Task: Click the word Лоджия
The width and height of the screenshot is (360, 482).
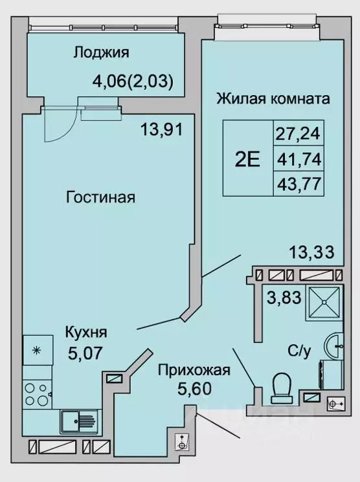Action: coord(102,53)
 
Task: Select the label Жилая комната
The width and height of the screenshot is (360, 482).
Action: coord(273,100)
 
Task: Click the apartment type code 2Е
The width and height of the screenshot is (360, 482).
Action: coord(247,159)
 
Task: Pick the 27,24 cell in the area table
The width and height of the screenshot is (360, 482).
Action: coord(298,135)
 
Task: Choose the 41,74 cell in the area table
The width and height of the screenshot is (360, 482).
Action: coord(298,159)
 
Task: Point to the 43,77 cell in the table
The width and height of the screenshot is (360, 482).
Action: coord(298,182)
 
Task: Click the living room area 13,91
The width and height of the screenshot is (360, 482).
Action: coord(163,129)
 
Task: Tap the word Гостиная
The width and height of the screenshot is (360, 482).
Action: coord(100,197)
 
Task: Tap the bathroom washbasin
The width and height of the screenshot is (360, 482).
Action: coord(336,345)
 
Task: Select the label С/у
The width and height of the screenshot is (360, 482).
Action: coord(299,351)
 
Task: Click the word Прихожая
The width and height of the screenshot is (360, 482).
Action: coord(194,370)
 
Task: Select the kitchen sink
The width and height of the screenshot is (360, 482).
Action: coord(78,421)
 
